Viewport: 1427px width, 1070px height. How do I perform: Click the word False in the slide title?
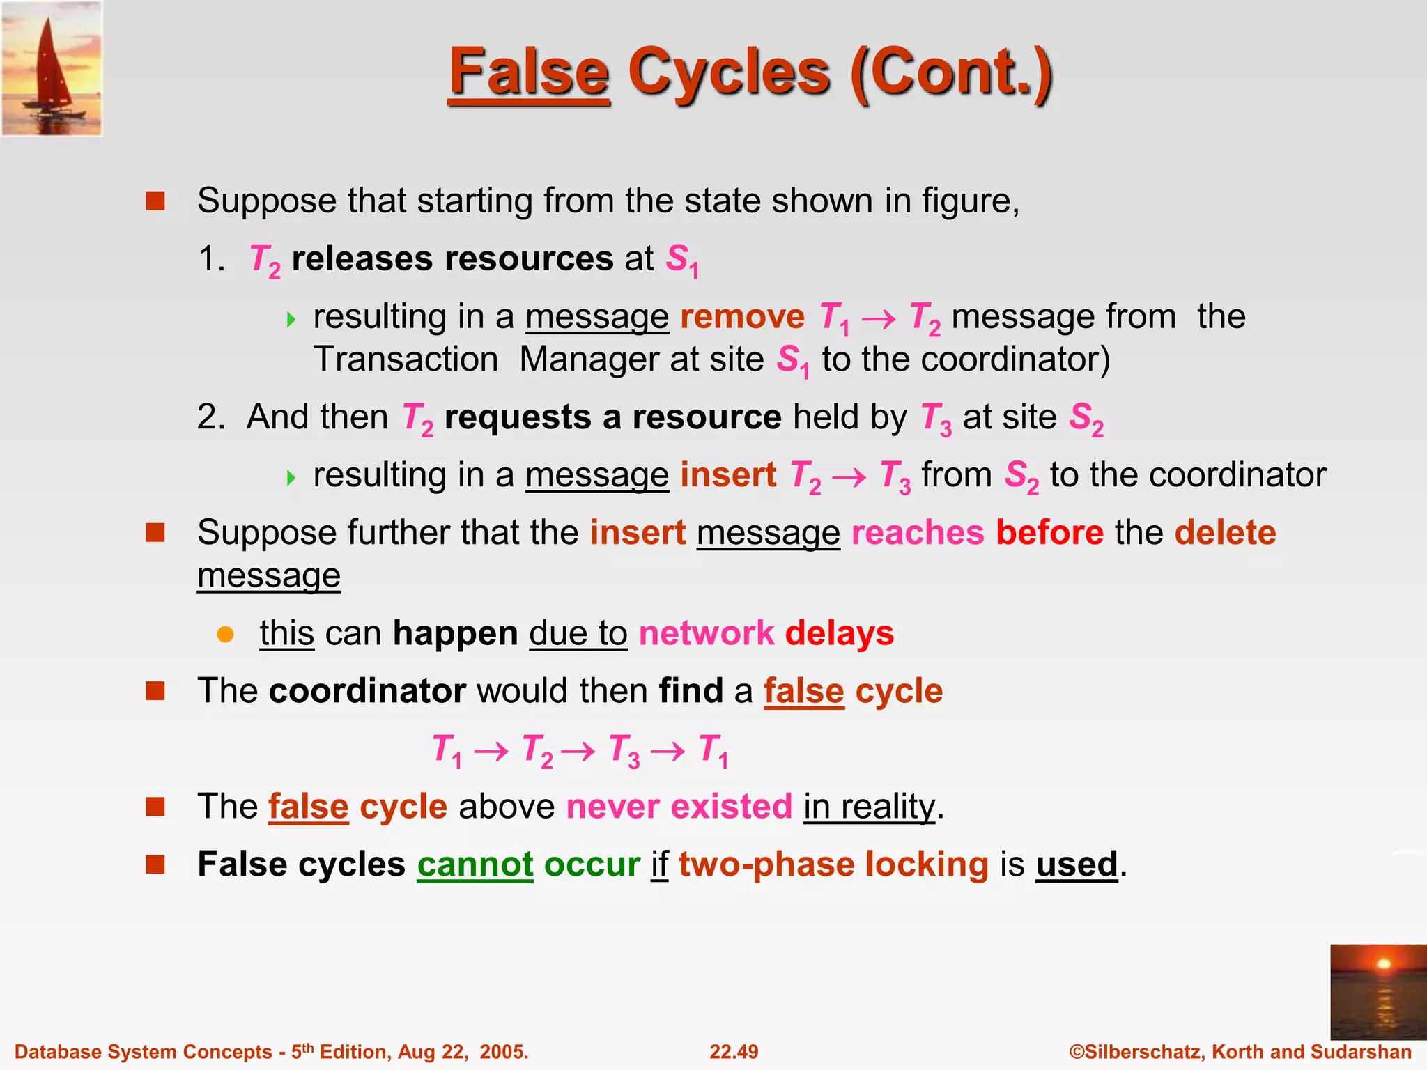click(x=529, y=72)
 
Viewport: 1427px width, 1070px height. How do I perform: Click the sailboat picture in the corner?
click(x=52, y=68)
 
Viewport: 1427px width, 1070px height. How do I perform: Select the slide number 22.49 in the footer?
click(x=734, y=1052)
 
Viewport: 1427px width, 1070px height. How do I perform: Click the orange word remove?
click(x=742, y=317)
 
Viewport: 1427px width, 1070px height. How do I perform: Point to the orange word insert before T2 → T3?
click(x=728, y=475)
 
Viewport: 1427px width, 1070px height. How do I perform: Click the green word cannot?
click(x=475, y=864)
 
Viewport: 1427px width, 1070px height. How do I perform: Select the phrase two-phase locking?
click(x=833, y=864)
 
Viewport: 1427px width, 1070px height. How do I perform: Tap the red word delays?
click(x=839, y=633)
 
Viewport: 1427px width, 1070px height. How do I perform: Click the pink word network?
click(x=706, y=633)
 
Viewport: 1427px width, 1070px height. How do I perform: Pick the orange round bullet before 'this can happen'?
click(x=225, y=634)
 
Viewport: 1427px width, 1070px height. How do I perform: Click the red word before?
click(x=1049, y=533)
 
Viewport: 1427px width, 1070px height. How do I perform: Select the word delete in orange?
click(x=1225, y=533)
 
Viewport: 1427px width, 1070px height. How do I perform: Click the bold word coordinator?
click(x=367, y=691)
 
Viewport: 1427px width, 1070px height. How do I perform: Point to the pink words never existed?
click(x=679, y=807)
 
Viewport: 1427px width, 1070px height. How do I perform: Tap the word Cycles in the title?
click(x=729, y=72)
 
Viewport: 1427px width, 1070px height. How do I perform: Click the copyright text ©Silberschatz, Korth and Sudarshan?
click(x=1240, y=1052)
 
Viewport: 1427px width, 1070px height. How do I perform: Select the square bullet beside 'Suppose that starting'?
click(x=155, y=201)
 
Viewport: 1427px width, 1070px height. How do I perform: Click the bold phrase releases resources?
click(x=452, y=259)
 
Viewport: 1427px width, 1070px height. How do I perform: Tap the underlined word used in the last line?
click(x=1077, y=864)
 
